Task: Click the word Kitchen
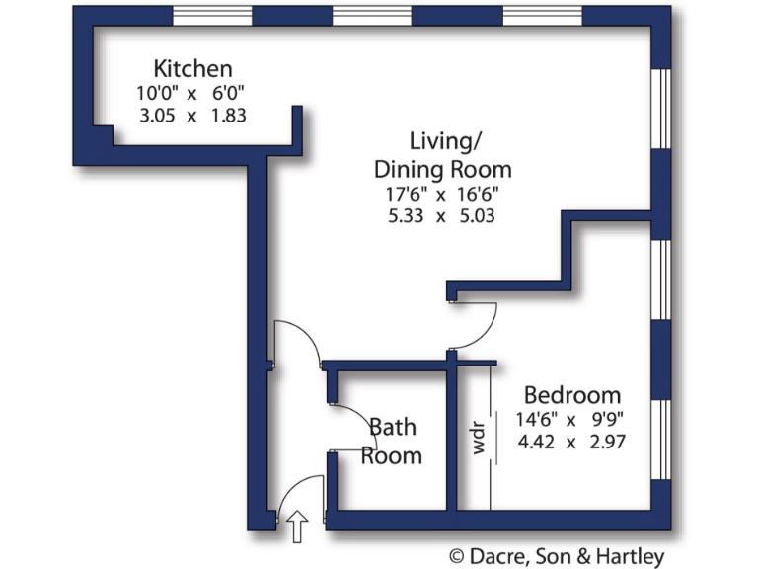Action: click(192, 69)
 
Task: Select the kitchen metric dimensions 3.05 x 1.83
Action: click(192, 115)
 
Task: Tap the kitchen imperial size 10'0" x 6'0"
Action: click(192, 93)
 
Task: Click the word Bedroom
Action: click(571, 395)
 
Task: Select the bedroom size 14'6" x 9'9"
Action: click(571, 419)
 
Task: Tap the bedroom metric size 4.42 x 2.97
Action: click(571, 442)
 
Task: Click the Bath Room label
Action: click(392, 442)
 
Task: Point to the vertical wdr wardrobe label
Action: click(479, 438)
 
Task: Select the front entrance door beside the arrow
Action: click(301, 494)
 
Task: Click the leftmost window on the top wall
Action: click(213, 15)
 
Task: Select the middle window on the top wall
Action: click(371, 15)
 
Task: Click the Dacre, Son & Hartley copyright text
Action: click(557, 556)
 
